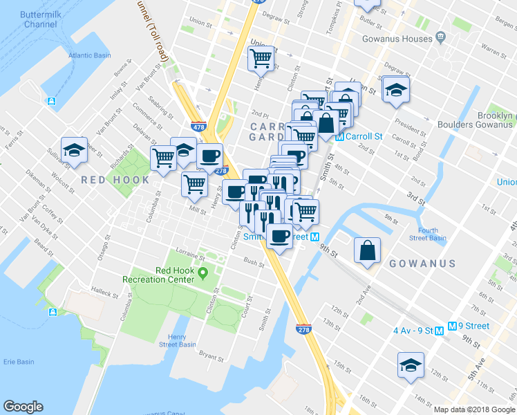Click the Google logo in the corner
(x=23, y=407)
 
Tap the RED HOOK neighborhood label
(x=115, y=180)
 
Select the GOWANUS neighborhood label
(x=422, y=264)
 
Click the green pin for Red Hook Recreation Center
(x=203, y=270)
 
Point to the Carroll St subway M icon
(x=340, y=136)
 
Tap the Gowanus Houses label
(x=395, y=39)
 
